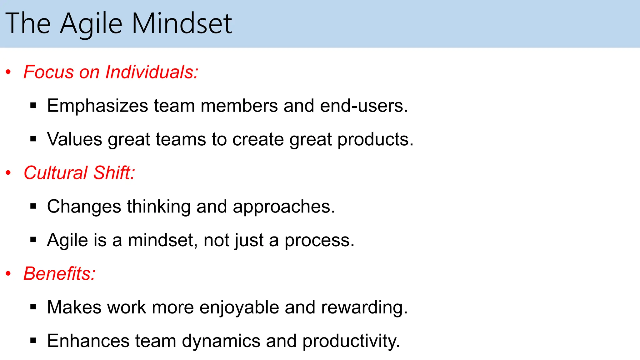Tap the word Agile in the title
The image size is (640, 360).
(91, 24)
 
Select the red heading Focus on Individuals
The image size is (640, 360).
(111, 72)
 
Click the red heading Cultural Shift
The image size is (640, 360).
(79, 172)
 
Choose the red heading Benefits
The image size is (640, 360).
(59, 273)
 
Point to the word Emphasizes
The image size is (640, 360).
(97, 106)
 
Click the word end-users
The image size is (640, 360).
(364, 106)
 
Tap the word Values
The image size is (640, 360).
(74, 139)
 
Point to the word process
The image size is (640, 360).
(319, 241)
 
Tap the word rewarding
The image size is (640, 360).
(364, 308)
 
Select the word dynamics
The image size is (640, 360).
(221, 341)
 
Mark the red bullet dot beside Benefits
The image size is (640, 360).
(8, 274)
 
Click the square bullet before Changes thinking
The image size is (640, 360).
(33, 206)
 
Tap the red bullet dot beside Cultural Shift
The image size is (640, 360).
(8, 173)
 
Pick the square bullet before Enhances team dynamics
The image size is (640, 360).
(33, 341)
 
